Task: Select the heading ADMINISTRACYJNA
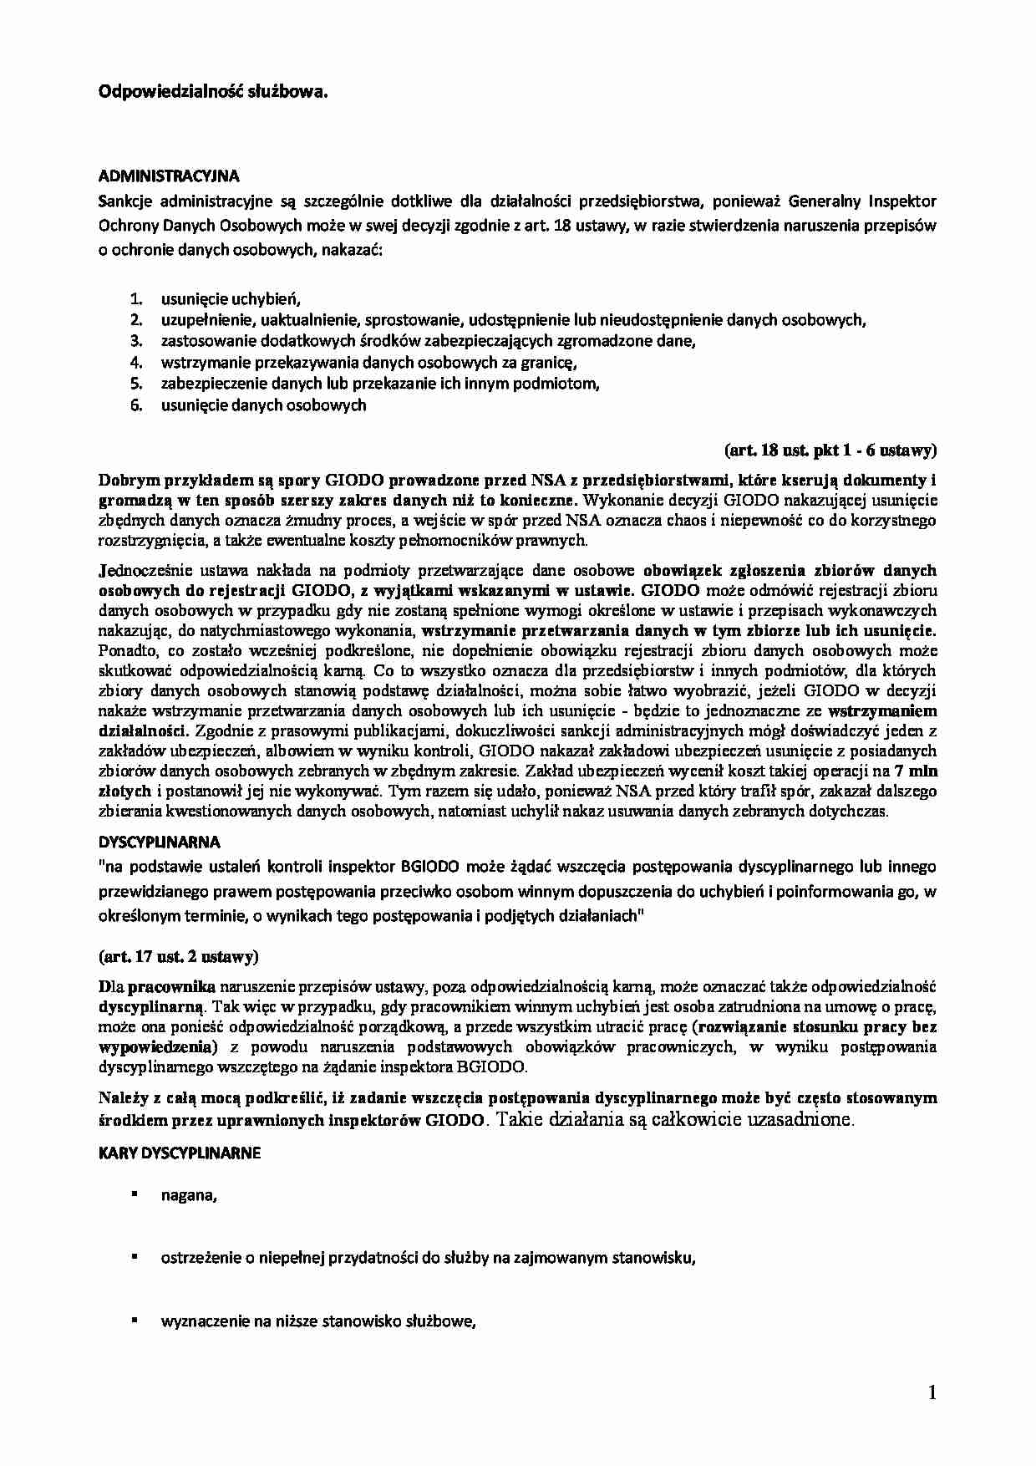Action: (169, 176)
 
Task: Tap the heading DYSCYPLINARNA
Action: (159, 842)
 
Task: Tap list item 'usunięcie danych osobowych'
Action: (263, 405)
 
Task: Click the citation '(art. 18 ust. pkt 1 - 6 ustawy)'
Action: (830, 450)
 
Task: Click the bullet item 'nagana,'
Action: (189, 1196)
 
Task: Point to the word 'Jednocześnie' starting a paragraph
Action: (139, 571)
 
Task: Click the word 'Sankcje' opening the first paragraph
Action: (122, 202)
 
